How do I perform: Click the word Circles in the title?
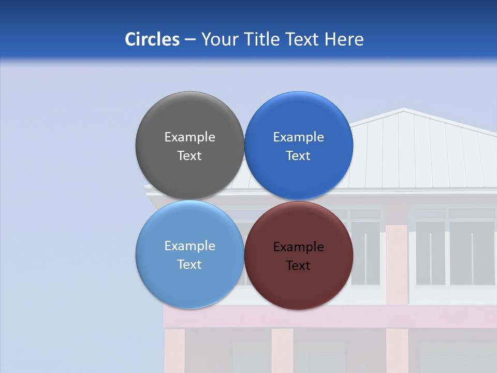click(x=152, y=39)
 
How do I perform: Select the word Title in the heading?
click(x=262, y=39)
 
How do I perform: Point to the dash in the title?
click(x=190, y=40)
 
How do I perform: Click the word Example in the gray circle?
click(x=189, y=137)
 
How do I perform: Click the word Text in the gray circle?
click(x=189, y=156)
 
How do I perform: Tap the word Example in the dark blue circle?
click(x=299, y=137)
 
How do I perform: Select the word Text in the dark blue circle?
click(x=299, y=156)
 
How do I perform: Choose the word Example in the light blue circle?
click(x=189, y=246)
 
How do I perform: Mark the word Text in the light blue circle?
click(x=189, y=265)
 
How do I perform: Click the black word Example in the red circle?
click(x=299, y=247)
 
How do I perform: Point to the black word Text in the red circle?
click(x=299, y=266)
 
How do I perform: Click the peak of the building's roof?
click(x=404, y=109)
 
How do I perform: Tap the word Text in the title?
click(x=303, y=39)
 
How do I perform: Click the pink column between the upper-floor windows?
click(x=397, y=259)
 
